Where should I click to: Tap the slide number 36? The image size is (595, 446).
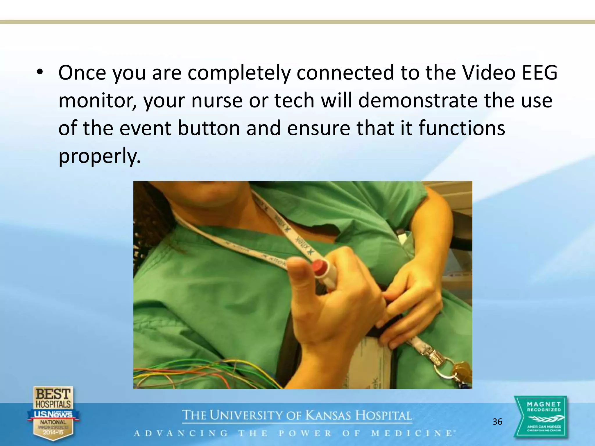tap(497, 422)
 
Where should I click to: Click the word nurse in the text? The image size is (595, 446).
tap(217, 100)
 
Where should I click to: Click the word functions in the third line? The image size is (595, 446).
tap(462, 128)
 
